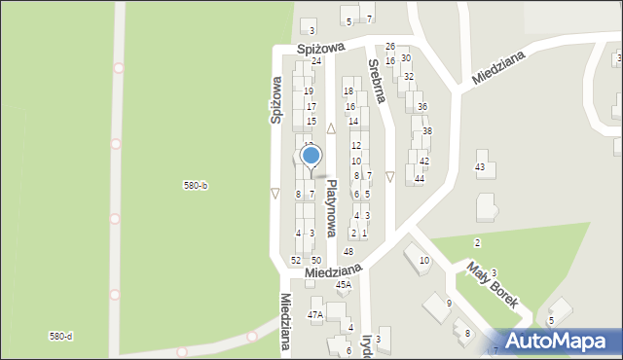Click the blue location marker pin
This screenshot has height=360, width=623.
(x=311, y=156)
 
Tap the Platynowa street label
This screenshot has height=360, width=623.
(x=332, y=208)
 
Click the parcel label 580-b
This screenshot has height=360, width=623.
(x=196, y=185)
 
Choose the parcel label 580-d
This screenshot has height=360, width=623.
(x=60, y=336)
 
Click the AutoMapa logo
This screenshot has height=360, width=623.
(x=559, y=341)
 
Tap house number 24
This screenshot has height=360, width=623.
(x=316, y=61)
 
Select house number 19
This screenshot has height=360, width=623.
(x=309, y=91)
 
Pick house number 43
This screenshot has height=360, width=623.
(x=480, y=167)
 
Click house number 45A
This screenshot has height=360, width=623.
(x=343, y=285)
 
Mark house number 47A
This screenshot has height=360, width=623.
(x=314, y=315)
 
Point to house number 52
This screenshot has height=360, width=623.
(x=296, y=261)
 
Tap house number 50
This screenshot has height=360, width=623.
(x=316, y=261)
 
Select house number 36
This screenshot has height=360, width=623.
(x=421, y=107)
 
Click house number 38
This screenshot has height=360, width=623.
(x=427, y=131)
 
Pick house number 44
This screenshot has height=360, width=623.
(x=420, y=179)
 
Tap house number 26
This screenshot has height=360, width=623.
(x=390, y=47)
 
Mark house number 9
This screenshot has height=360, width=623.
(x=449, y=304)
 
